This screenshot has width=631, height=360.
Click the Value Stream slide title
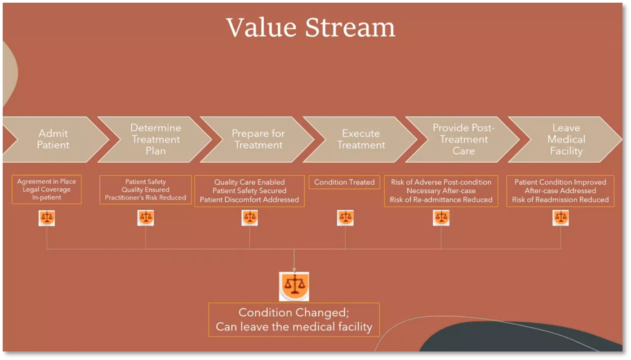coord(311,27)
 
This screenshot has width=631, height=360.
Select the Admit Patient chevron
coord(53,139)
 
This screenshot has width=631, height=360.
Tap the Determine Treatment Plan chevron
coord(156,139)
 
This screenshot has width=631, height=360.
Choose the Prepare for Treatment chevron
coord(258,139)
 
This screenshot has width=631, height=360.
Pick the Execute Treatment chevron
coord(361,139)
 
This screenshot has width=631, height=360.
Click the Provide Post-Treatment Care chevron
coord(463,139)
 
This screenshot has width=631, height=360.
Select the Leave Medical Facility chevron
coord(566,139)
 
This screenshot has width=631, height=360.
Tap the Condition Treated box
coord(344,182)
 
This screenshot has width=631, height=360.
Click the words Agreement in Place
coord(47,182)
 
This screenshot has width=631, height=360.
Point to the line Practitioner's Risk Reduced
coord(146,198)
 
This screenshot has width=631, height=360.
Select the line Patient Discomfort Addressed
coord(249,200)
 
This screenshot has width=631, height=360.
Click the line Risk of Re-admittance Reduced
coord(441,200)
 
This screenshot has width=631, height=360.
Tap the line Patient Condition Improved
coord(560,182)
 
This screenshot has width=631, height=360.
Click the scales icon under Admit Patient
coord(47,218)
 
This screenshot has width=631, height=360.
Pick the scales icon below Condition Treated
coord(345,218)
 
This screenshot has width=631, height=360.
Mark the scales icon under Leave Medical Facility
coord(560,218)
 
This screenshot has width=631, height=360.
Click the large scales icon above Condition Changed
coord(294,286)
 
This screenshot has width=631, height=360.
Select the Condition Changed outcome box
coord(294,320)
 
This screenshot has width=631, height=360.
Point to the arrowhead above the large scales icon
coord(294,269)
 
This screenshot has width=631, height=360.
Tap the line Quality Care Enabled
coord(249,182)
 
